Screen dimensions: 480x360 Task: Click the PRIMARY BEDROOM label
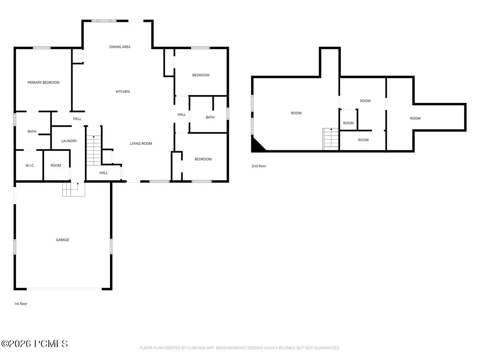[43, 82]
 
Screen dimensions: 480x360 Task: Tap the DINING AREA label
[120, 47]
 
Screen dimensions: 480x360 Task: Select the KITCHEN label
[123, 92]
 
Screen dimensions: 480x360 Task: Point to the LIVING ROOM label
[141, 144]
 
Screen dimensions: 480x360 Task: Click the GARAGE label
[62, 240]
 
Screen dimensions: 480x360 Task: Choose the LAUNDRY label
[69, 141]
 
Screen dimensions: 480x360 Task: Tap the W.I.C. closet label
[30, 166]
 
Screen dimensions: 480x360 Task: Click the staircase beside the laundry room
[94, 150]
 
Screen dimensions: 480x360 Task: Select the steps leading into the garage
[74, 189]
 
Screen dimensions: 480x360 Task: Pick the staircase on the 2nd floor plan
[331, 139]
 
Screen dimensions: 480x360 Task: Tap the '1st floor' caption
[21, 304]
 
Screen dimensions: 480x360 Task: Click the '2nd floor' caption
[259, 166]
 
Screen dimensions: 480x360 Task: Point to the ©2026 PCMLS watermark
[34, 344]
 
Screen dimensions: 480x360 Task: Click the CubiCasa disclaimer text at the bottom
[240, 348]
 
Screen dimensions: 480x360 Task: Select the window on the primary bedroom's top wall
[42, 48]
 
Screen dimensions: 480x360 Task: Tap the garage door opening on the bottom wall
[64, 289]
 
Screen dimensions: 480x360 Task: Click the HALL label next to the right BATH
[182, 114]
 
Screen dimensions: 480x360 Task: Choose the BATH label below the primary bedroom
[32, 131]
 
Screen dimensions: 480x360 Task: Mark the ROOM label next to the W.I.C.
[56, 166]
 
